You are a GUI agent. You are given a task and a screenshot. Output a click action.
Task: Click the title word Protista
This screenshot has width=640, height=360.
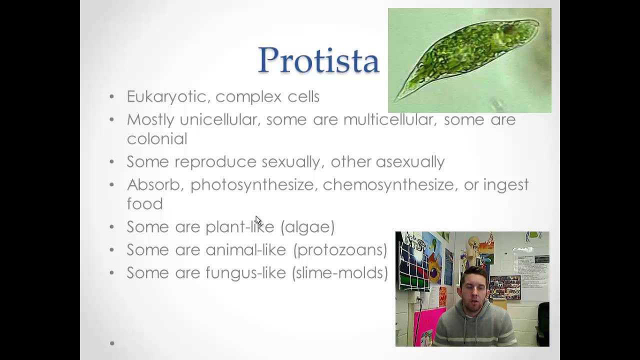(x=318, y=60)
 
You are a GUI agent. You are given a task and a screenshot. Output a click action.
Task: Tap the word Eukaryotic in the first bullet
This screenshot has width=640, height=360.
(x=166, y=97)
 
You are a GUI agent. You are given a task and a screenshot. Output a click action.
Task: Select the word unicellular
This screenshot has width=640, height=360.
(x=218, y=119)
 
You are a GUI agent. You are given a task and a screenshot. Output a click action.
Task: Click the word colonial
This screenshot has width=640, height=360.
(x=157, y=139)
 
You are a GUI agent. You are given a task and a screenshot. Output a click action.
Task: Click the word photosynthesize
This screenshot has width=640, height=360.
(x=252, y=185)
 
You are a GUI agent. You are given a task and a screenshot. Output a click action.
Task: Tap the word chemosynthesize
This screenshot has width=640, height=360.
(x=388, y=185)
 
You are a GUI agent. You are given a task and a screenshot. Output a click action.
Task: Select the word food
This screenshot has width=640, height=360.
(x=145, y=203)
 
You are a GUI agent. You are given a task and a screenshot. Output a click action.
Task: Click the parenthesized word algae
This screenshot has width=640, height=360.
(x=307, y=227)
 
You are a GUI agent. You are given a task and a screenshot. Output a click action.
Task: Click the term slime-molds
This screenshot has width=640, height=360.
(x=340, y=273)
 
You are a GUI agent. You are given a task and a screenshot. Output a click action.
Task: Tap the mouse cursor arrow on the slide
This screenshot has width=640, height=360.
(x=258, y=221)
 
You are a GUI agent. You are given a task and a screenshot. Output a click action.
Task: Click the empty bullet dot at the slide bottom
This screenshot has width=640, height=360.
(x=112, y=343)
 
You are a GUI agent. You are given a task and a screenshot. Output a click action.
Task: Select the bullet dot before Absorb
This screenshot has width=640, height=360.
(x=111, y=185)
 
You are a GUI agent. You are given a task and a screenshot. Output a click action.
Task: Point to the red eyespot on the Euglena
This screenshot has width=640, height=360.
(x=509, y=28)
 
